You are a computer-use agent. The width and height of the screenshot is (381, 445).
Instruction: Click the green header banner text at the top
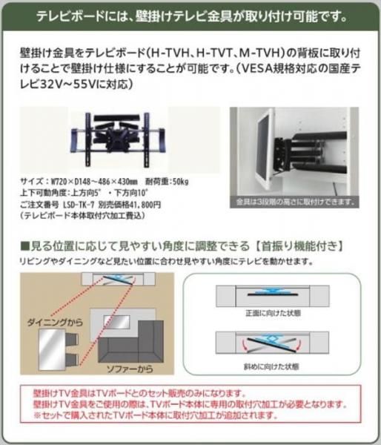pyautogui.click(x=190, y=14)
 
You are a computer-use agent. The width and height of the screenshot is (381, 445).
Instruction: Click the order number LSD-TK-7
pyautogui.click(x=81, y=205)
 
